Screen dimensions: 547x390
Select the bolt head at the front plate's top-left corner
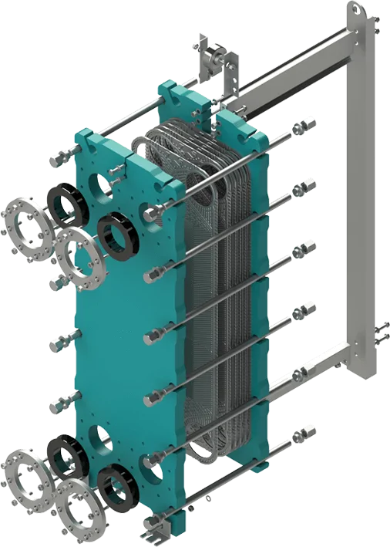(x=59, y=160)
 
